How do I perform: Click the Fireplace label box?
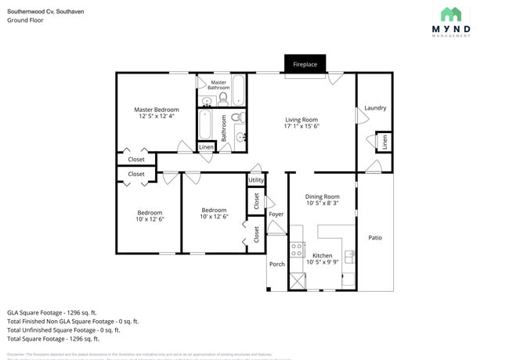click(305, 64)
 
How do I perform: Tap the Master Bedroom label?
click(156, 110)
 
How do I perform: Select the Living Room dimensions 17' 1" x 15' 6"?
click(301, 126)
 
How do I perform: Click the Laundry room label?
click(375, 108)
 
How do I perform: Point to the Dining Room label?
click(322, 196)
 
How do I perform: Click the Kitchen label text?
click(322, 255)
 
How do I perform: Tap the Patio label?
click(375, 237)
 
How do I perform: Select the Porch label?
click(277, 264)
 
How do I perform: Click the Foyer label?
click(276, 214)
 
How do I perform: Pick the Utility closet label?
click(256, 180)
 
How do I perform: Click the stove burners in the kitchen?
click(298, 250)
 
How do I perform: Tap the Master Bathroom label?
click(218, 85)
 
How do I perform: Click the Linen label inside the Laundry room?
click(384, 142)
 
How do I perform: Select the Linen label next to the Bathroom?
click(206, 147)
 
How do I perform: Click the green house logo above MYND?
click(451, 13)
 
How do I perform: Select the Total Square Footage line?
click(52, 339)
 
